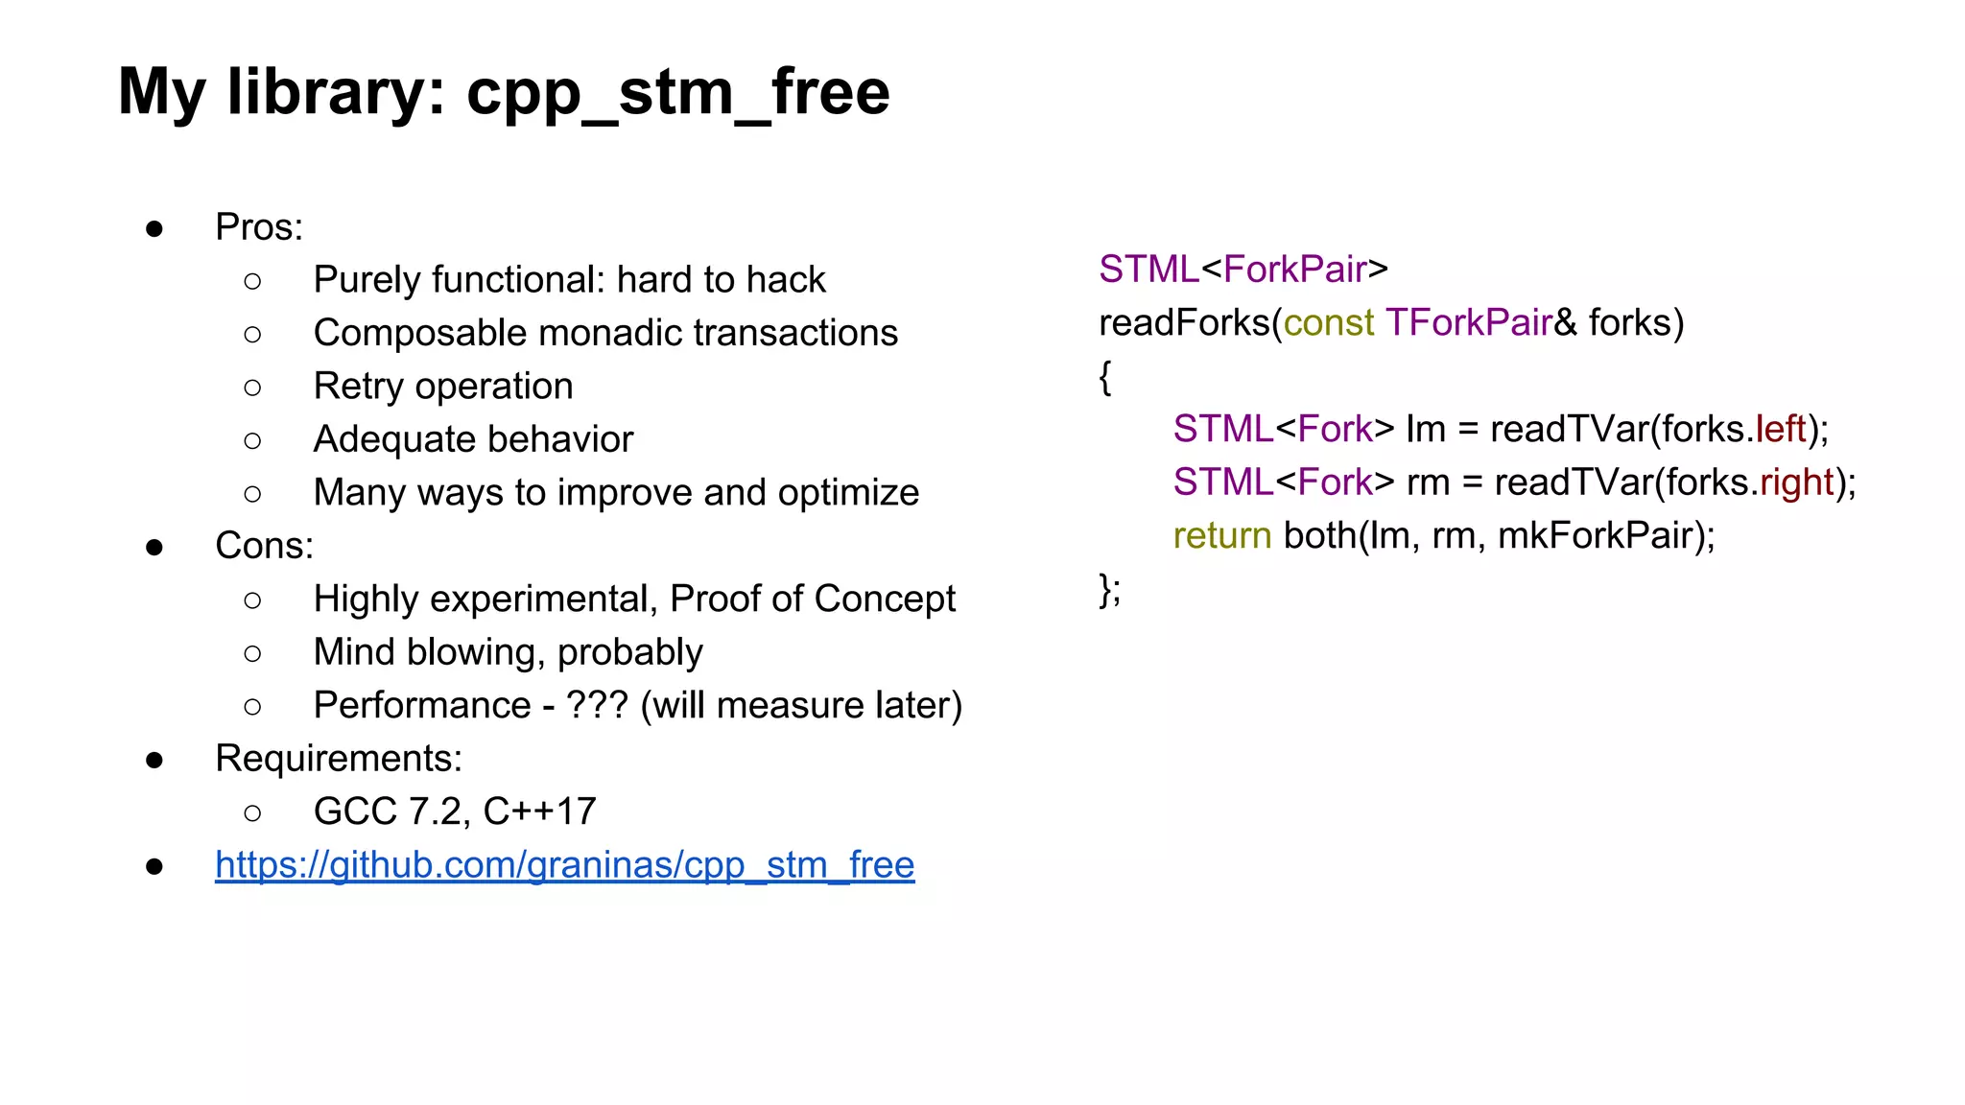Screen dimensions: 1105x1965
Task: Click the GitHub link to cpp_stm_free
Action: coord(564,865)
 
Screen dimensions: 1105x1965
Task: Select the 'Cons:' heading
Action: coord(264,546)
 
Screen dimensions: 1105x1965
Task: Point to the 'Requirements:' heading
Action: coord(339,759)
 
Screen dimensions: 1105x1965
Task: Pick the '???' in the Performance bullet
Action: coord(597,705)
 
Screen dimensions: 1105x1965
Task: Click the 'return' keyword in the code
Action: coord(1221,535)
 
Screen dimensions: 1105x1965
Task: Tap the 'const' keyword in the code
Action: coord(1328,323)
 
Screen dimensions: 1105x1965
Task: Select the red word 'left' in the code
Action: coord(1781,429)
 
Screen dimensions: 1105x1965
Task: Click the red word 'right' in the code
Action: coord(1796,482)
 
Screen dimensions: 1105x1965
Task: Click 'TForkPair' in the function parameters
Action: coord(1468,323)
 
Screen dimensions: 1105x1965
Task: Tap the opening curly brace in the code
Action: coord(1105,377)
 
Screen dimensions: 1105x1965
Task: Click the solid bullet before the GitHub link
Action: coord(154,866)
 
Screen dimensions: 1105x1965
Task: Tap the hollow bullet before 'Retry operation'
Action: coord(252,388)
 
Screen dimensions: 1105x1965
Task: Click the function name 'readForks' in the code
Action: coord(1184,323)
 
